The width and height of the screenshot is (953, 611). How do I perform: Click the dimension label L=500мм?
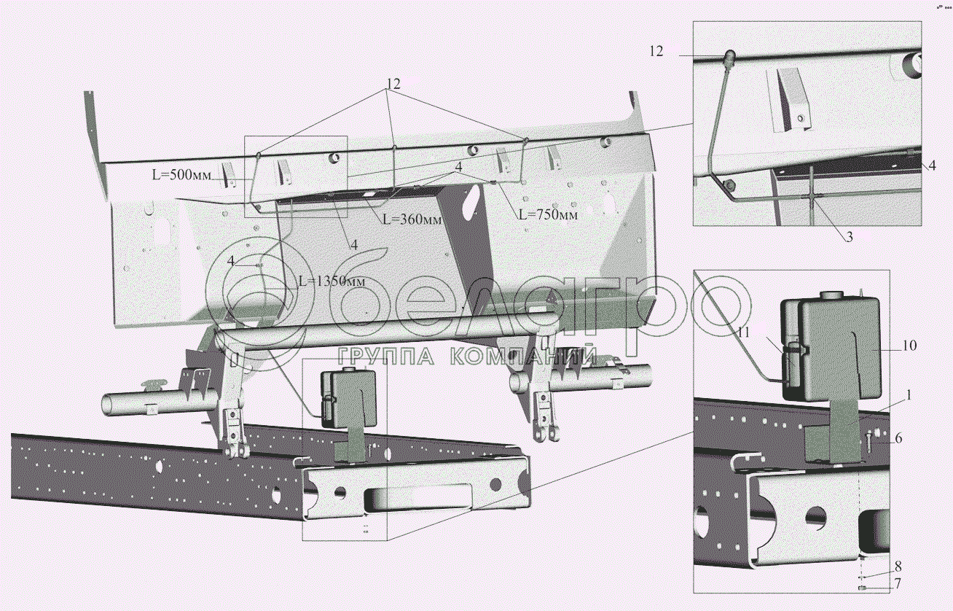click(181, 174)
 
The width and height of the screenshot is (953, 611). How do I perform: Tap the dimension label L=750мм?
click(548, 214)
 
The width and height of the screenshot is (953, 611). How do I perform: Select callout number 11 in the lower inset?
click(743, 332)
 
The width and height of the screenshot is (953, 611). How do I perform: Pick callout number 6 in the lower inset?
click(898, 437)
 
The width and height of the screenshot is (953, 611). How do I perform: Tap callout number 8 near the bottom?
click(898, 567)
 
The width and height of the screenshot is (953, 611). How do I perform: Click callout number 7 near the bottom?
click(898, 583)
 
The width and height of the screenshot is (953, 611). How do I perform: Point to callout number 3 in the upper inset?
click(849, 237)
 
